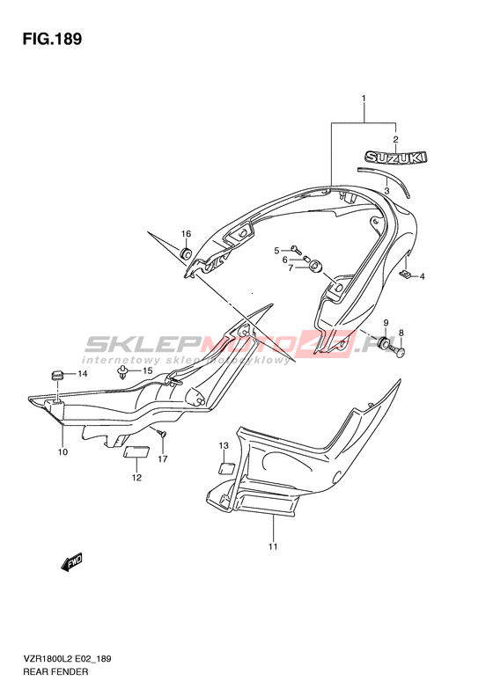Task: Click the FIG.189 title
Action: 53,40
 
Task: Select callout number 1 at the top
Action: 364,97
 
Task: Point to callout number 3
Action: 386,191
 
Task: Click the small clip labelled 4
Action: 405,275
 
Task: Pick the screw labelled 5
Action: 295,248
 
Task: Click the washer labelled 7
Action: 315,267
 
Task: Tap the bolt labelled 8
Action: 398,351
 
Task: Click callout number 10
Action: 63,452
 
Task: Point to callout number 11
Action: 273,546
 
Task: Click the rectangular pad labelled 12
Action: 136,452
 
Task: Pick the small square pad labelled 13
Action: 226,469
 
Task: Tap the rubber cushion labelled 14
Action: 56,375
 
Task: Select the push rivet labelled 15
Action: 122,373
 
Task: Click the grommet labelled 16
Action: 186,253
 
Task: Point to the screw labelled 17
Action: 162,434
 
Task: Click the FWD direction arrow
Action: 71,562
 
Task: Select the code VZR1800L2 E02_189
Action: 67,658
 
